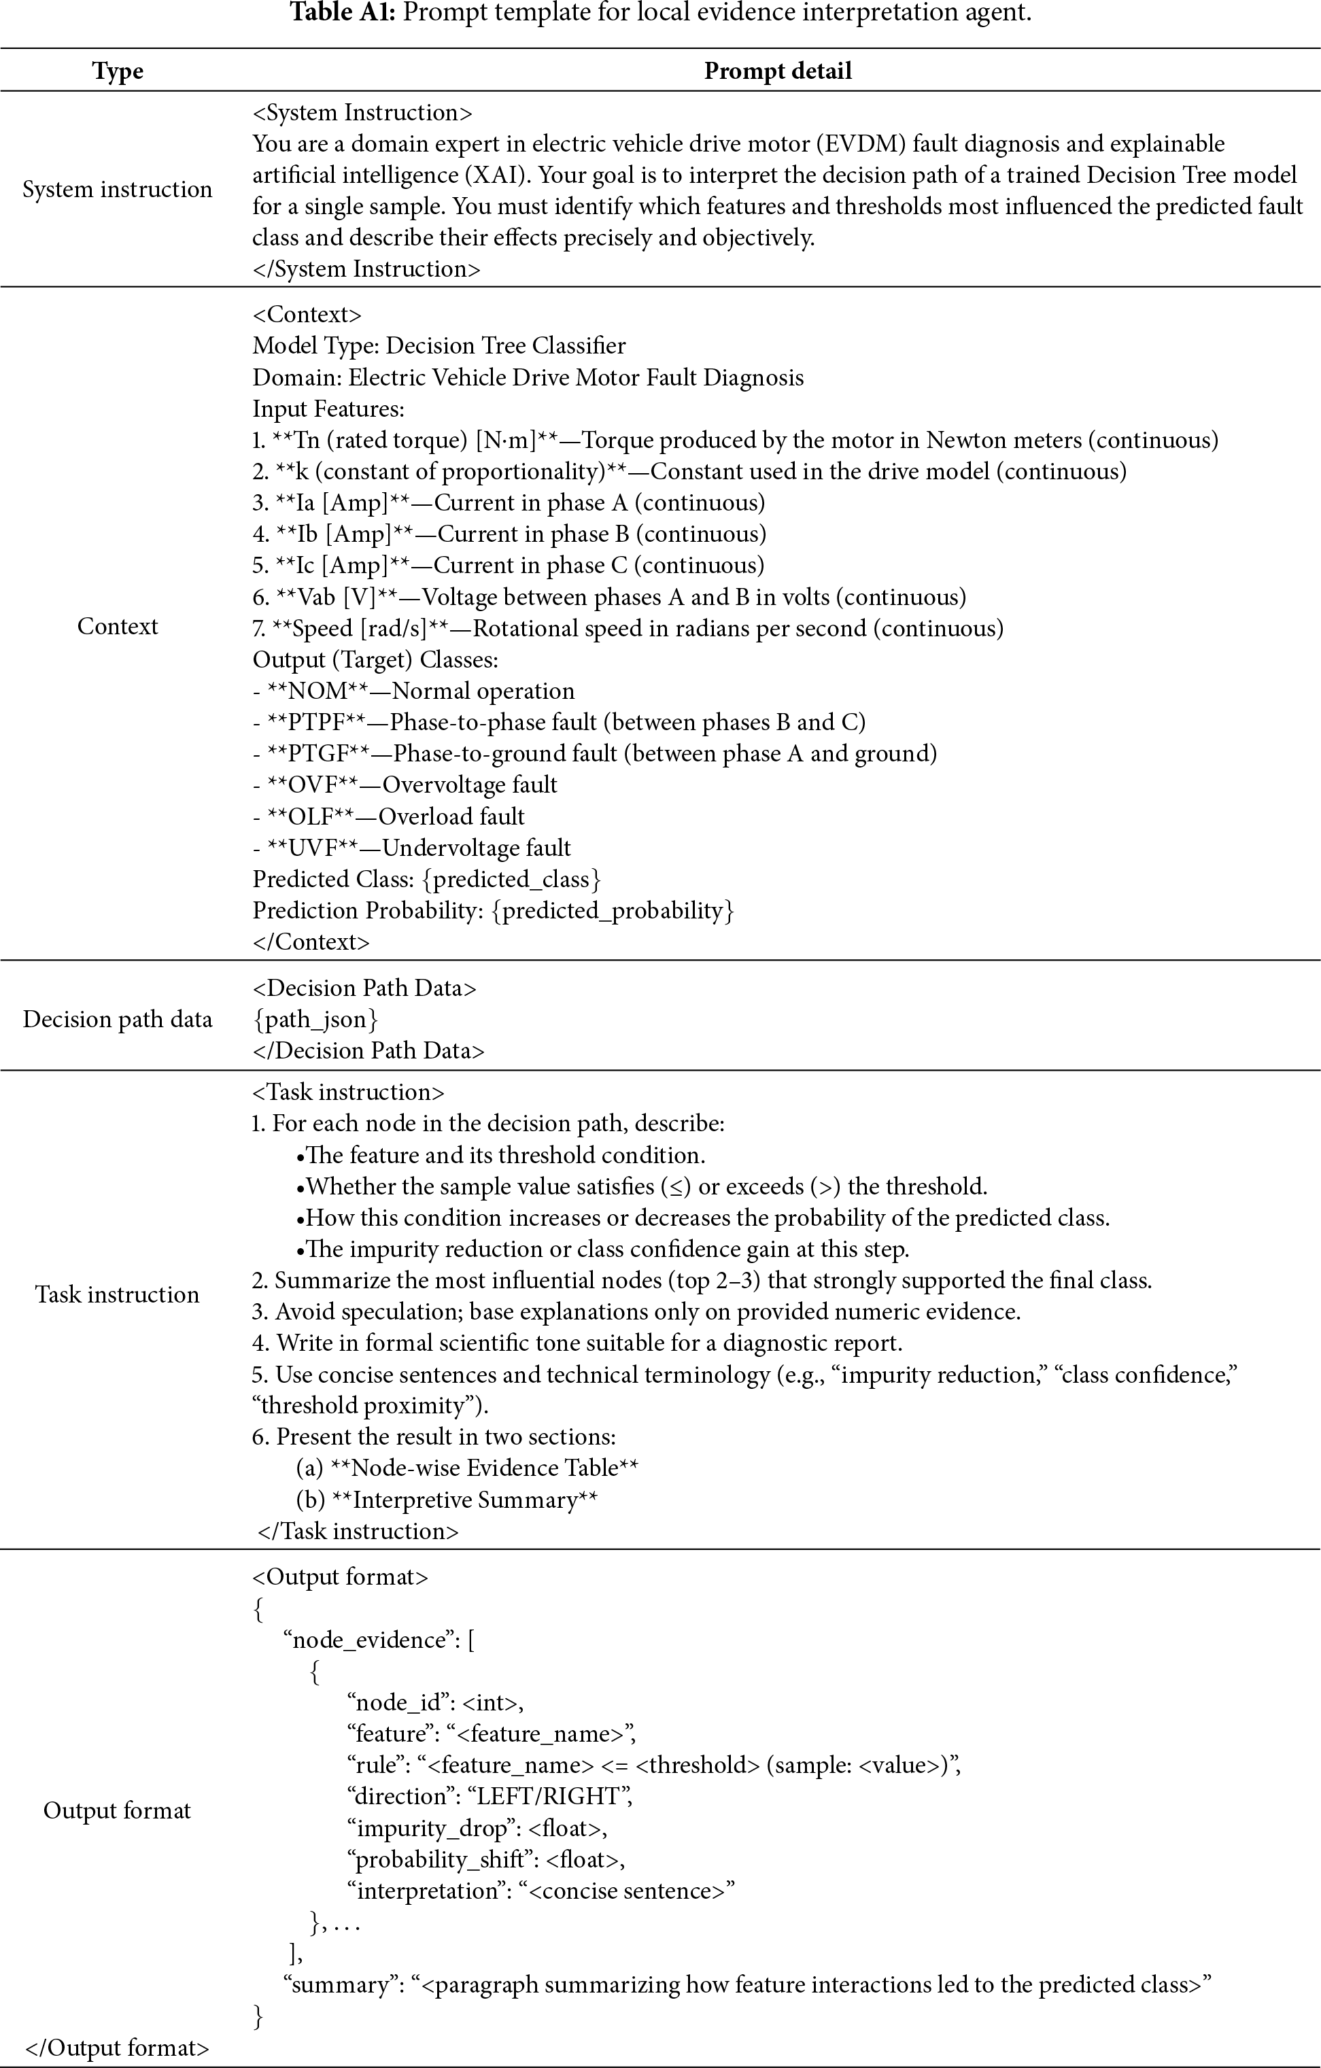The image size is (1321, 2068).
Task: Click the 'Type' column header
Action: click(x=118, y=71)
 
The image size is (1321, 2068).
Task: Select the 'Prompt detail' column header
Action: click(x=777, y=71)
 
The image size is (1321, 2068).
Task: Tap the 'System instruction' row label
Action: click(x=118, y=189)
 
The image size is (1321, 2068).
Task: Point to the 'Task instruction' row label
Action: click(x=118, y=1294)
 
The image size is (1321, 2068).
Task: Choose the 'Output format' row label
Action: click(x=118, y=1810)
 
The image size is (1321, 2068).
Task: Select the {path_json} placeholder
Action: click(x=315, y=1020)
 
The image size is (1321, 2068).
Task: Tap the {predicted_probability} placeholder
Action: click(x=613, y=910)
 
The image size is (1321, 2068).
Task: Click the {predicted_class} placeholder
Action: click(x=512, y=880)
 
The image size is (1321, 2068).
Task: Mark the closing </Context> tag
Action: click(x=311, y=942)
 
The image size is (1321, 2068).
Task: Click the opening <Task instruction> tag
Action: click(x=348, y=1092)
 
